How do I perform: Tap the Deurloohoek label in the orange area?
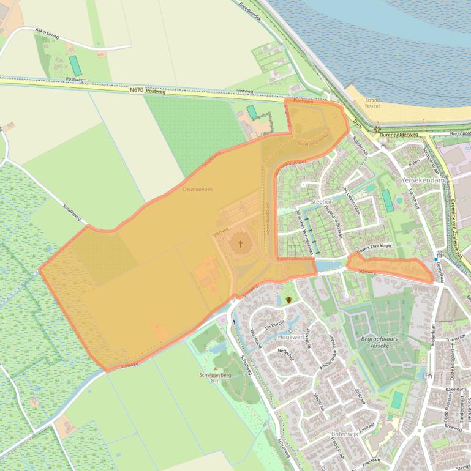tap(198, 190)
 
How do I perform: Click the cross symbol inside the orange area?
tap(241, 244)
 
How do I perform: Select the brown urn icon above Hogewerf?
tap(288, 300)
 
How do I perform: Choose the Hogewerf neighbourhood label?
tap(292, 337)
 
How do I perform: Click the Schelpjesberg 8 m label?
tap(214, 377)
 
